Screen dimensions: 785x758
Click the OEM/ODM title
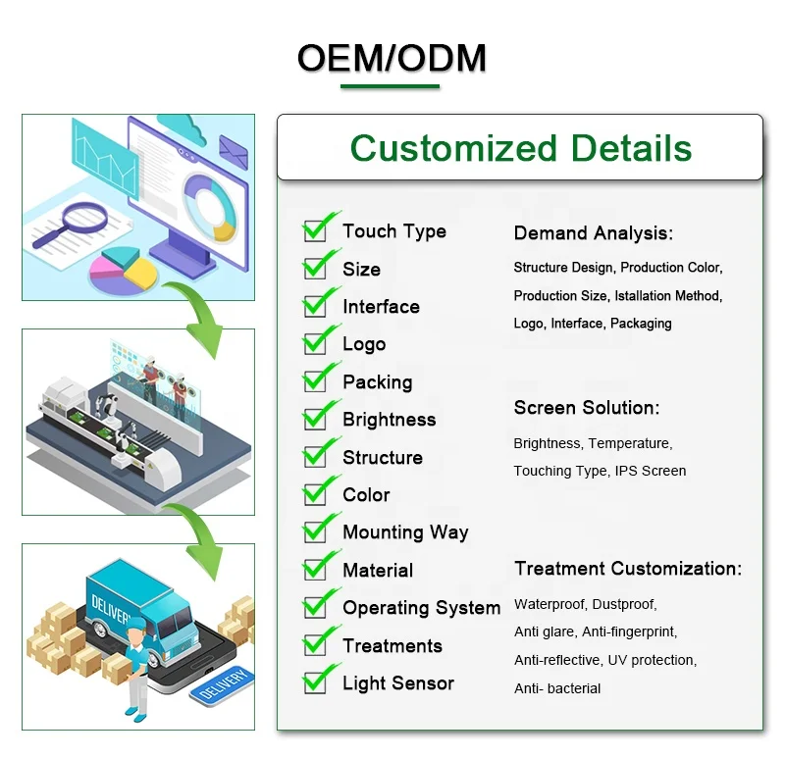pyautogui.click(x=392, y=58)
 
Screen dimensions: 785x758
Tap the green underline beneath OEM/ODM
pyautogui.click(x=390, y=86)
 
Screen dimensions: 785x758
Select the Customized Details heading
pyautogui.click(x=521, y=148)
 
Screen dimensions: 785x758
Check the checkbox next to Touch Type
pyautogui.click(x=315, y=231)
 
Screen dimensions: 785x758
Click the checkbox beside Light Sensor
pyautogui.click(x=315, y=682)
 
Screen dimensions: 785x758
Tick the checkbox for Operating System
pyautogui.click(x=315, y=607)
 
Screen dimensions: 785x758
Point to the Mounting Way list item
pyautogui.click(x=405, y=532)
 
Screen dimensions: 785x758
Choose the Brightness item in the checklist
pyautogui.click(x=389, y=420)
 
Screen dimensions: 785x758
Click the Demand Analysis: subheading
pyautogui.click(x=594, y=233)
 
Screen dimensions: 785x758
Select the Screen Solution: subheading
pyautogui.click(x=587, y=408)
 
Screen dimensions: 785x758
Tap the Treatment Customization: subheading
pyautogui.click(x=628, y=569)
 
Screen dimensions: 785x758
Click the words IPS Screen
pyautogui.click(x=651, y=471)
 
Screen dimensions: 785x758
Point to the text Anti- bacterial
pyautogui.click(x=557, y=689)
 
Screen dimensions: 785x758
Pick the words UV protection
pyautogui.click(x=652, y=661)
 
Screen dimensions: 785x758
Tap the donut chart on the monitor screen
pyautogui.click(x=210, y=208)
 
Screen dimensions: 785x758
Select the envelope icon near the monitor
pyautogui.click(x=234, y=152)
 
